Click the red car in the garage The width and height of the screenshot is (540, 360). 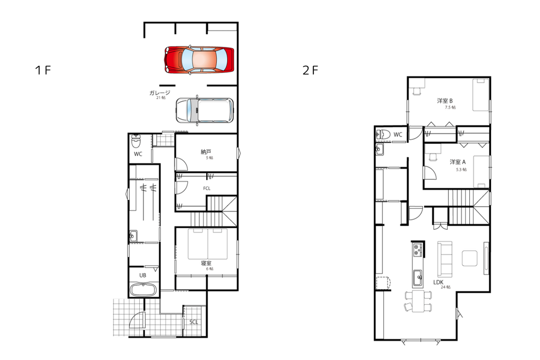pyautogui.click(x=199, y=60)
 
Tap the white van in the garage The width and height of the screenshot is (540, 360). pyautogui.click(x=205, y=111)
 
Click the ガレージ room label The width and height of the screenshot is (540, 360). pyautogui.click(x=160, y=93)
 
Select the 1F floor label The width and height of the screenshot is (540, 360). pyautogui.click(x=43, y=70)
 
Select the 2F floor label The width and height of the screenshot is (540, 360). pyautogui.click(x=310, y=70)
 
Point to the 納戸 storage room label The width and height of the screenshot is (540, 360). pyautogui.click(x=206, y=151)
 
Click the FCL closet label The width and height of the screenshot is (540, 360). pyautogui.click(x=207, y=188)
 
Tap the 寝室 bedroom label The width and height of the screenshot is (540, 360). pyautogui.click(x=206, y=263)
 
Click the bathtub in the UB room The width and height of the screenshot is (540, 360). pyautogui.click(x=143, y=289)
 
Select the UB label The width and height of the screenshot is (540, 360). pyautogui.click(x=142, y=275)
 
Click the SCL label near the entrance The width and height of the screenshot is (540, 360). pyautogui.click(x=194, y=322)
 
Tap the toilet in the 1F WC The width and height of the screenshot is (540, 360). pyautogui.click(x=137, y=140)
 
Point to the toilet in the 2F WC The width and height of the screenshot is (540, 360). pyautogui.click(x=383, y=134)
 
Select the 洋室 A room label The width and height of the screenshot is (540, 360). pyautogui.click(x=458, y=162)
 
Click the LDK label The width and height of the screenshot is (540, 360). pyautogui.click(x=438, y=282)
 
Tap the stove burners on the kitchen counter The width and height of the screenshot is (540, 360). pyautogui.click(x=418, y=250)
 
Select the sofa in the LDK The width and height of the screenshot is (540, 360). pyautogui.click(x=445, y=259)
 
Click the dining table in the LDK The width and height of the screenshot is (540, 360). pyautogui.click(x=418, y=301)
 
